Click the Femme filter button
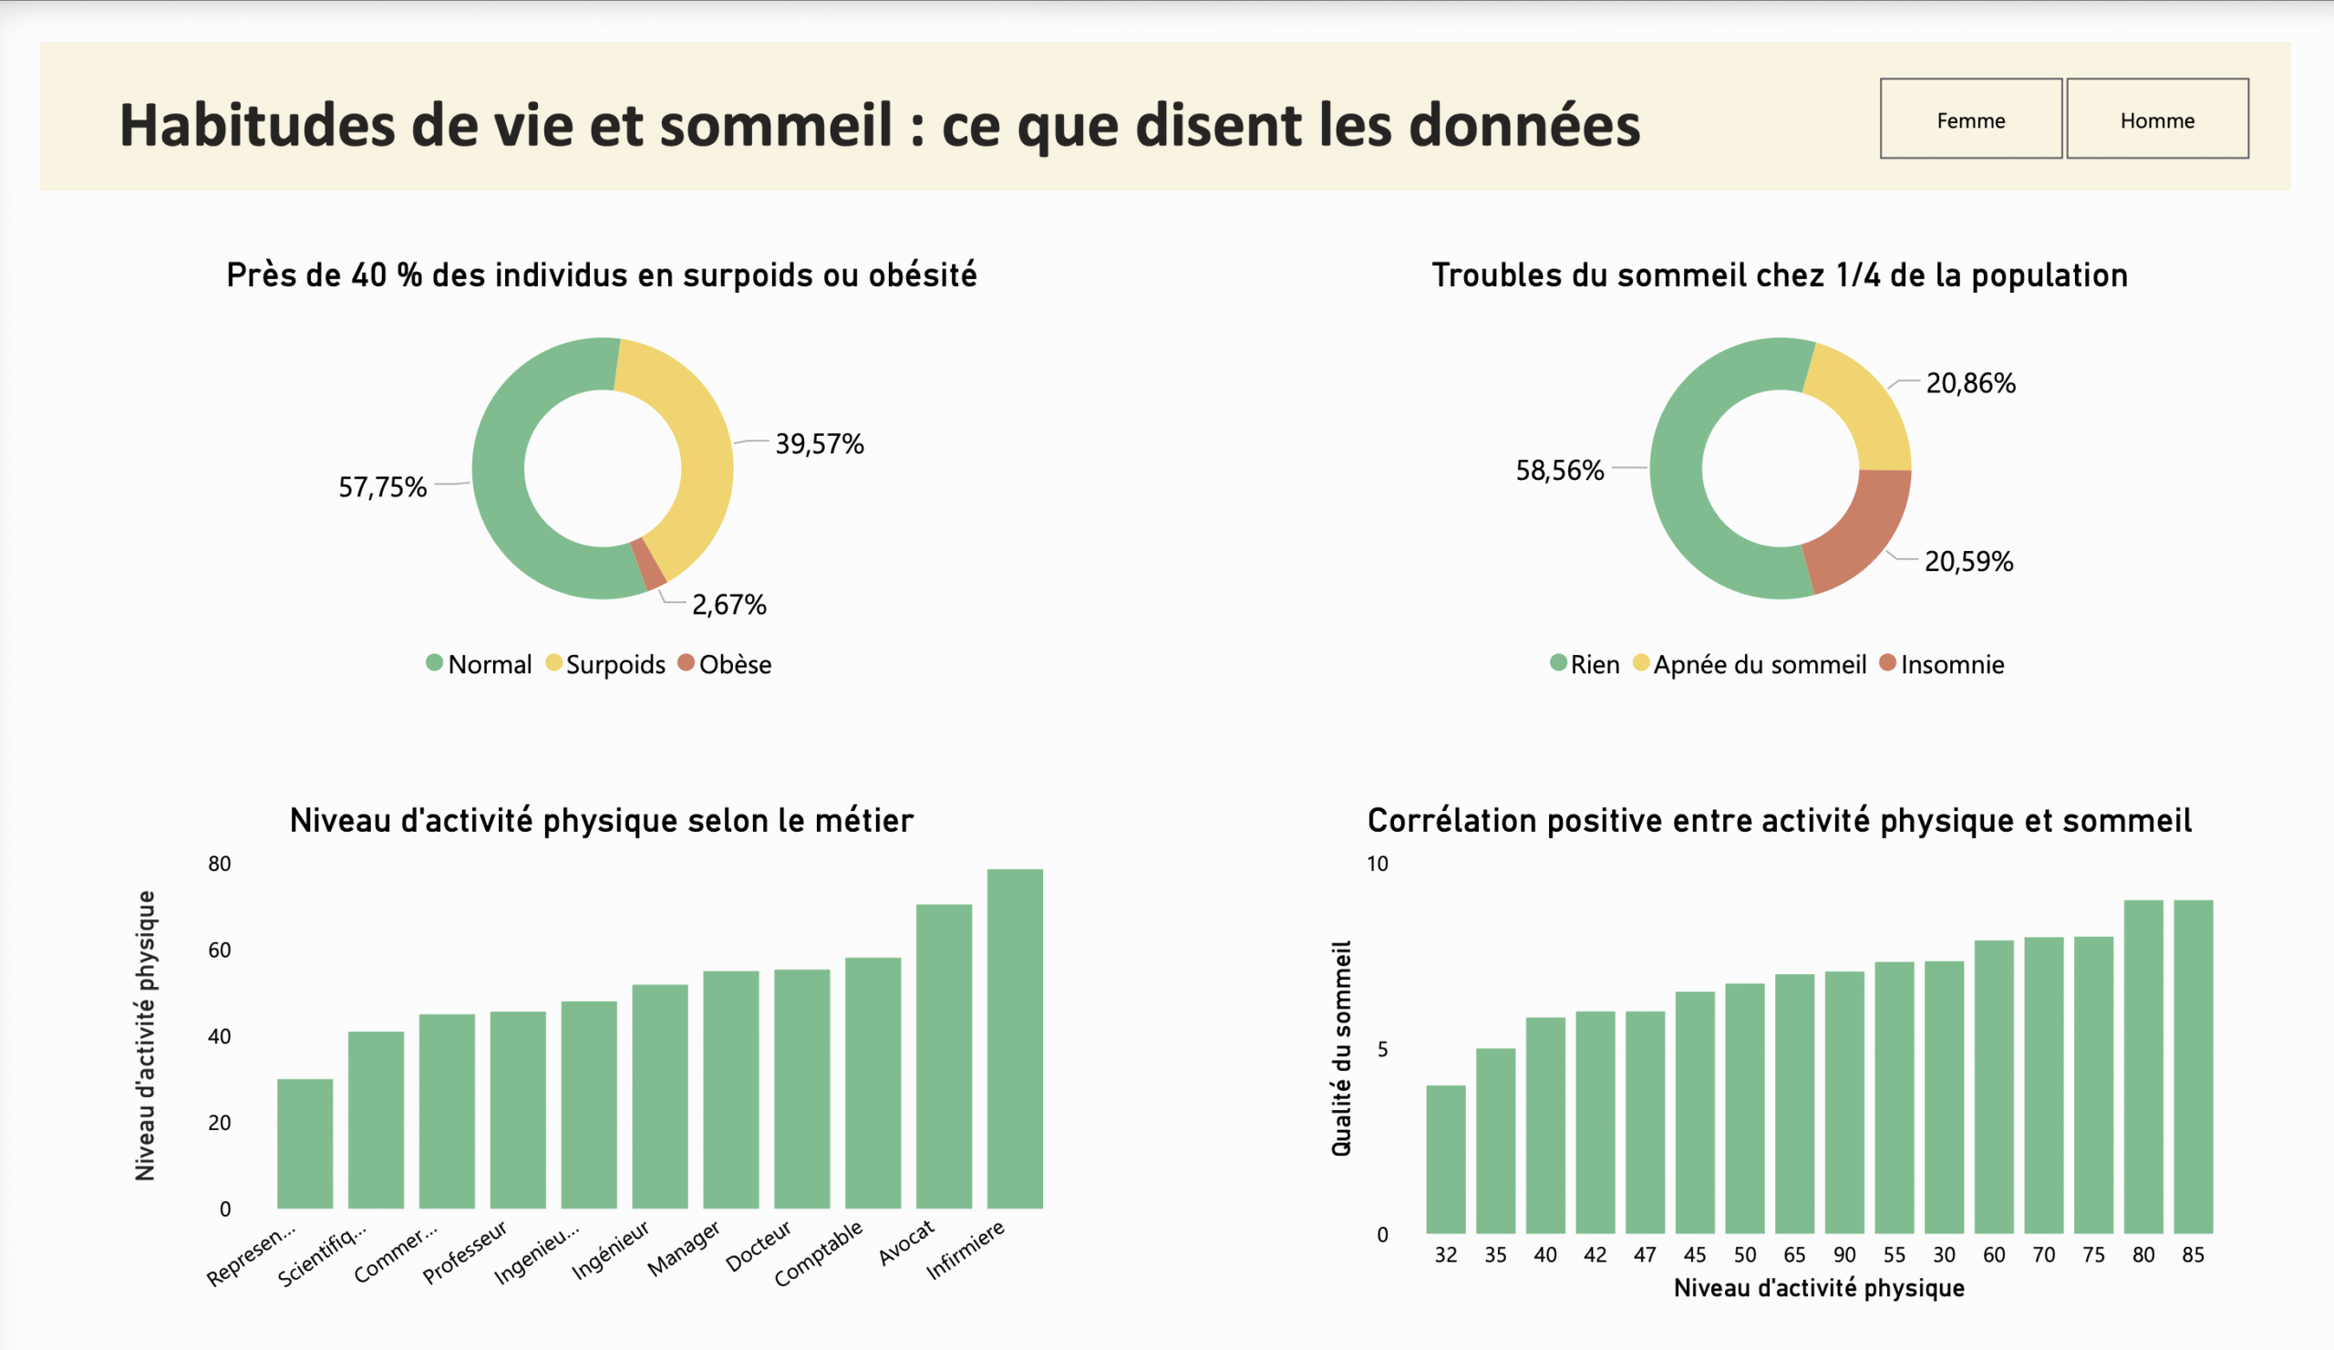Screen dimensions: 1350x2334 (x=1970, y=119)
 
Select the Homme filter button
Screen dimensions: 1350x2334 (x=2156, y=119)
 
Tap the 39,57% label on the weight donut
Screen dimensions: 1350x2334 (x=819, y=444)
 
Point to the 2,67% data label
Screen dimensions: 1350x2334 (x=728, y=605)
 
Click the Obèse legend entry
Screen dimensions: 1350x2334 (x=734, y=664)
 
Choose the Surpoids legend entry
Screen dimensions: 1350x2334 (x=614, y=664)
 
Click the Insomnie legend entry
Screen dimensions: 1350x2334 (x=1951, y=664)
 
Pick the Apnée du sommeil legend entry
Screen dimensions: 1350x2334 (x=1759, y=664)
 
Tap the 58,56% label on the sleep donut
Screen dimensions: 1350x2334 (x=1559, y=471)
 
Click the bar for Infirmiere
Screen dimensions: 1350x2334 (x=1014, y=1038)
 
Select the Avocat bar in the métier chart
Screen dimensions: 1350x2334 (x=944, y=1056)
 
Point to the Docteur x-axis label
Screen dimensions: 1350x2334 (x=759, y=1245)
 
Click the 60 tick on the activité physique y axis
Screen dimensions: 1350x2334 (x=220, y=950)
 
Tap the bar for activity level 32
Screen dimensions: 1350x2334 (x=1445, y=1158)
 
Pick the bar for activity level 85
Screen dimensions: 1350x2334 (x=2193, y=1065)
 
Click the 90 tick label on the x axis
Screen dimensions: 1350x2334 (x=1844, y=1254)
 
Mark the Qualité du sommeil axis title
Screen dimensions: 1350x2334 (x=1340, y=1048)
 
